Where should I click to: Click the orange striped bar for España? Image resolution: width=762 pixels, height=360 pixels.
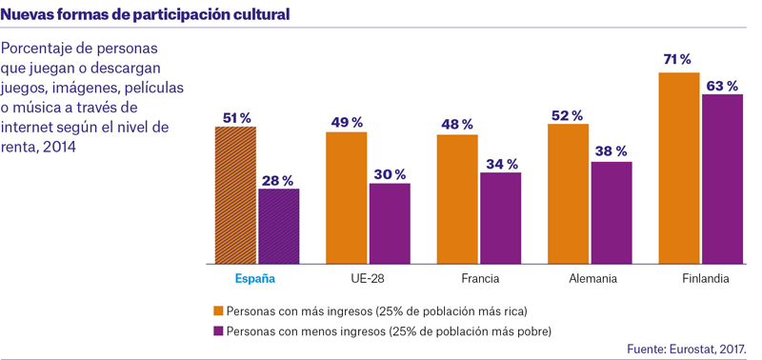(x=235, y=195)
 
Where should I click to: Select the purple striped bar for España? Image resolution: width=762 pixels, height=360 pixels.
(x=279, y=227)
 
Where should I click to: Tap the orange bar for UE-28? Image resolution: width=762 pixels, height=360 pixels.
(x=347, y=198)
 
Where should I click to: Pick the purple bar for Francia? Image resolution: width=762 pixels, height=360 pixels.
(x=501, y=218)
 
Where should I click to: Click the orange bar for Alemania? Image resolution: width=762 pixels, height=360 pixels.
(x=568, y=194)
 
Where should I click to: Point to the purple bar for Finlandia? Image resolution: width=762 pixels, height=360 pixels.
(x=722, y=179)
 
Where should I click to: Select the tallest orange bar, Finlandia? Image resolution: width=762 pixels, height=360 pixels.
(x=679, y=169)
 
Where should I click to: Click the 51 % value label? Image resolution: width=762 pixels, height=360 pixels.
(x=236, y=117)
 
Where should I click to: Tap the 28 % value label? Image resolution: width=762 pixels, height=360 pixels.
(x=278, y=181)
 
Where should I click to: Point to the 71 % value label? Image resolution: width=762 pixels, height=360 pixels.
(x=677, y=60)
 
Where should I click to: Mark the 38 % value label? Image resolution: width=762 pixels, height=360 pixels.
(x=612, y=151)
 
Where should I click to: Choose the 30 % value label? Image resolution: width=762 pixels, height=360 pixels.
(x=390, y=174)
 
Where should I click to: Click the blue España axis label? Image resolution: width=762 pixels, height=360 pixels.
(x=255, y=279)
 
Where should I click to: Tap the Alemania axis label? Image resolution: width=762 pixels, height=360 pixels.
(x=592, y=279)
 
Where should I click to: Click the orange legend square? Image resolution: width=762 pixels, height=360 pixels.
(x=219, y=310)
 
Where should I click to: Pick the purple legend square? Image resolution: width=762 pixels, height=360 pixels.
(x=219, y=331)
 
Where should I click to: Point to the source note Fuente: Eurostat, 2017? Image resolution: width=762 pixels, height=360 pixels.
(x=686, y=349)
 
